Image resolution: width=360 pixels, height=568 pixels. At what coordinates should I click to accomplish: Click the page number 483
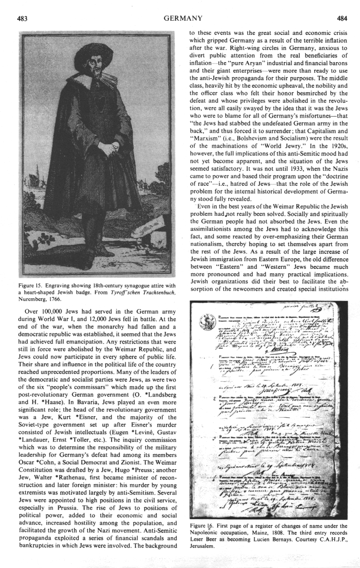[23, 19]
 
